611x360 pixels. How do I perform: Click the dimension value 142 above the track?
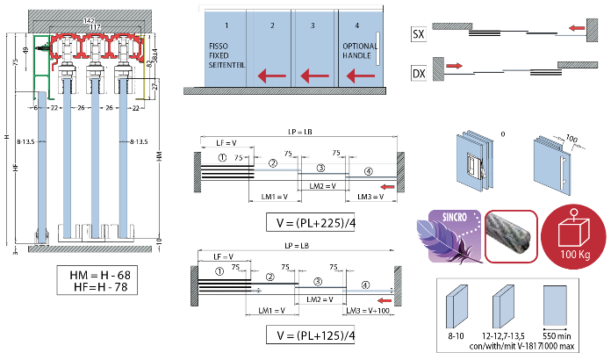coord(88,20)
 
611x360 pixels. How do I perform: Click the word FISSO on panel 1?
coord(219,44)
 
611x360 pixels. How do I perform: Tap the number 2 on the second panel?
coord(272,26)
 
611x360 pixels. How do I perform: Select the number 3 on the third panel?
coord(313,26)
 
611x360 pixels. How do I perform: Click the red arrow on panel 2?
coord(272,76)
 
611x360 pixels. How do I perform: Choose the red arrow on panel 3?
coord(314,76)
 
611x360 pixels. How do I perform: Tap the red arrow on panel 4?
coord(360,76)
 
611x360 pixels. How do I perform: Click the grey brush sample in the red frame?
coord(511,236)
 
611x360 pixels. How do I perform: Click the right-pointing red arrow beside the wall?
coord(455,66)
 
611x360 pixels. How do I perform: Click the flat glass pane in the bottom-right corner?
coord(555,306)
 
